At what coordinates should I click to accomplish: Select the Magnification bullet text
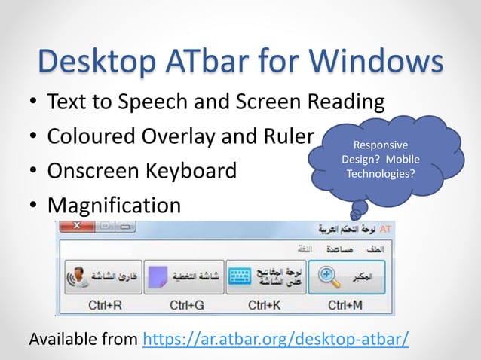pyautogui.click(x=114, y=205)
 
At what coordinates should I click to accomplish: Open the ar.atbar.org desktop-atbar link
pyautogui.click(x=276, y=338)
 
